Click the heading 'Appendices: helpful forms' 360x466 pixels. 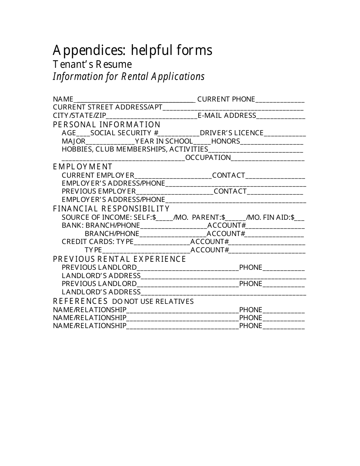point(132,50)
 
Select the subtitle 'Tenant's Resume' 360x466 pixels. point(92,64)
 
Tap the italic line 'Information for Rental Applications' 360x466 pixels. point(128,77)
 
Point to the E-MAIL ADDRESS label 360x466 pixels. point(227,116)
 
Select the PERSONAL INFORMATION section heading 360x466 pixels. point(107,125)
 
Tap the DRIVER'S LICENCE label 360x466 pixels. point(232,133)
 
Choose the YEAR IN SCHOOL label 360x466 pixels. point(164,141)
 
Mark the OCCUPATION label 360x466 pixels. point(208,158)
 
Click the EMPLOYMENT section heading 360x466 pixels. point(83,167)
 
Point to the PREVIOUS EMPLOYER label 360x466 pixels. point(99,191)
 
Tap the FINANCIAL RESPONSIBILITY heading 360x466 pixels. point(111,209)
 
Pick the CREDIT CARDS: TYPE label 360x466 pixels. point(98,242)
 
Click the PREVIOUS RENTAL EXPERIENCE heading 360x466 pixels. point(119,259)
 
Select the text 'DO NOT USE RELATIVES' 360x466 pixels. point(153,302)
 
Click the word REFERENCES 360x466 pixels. point(80,301)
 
